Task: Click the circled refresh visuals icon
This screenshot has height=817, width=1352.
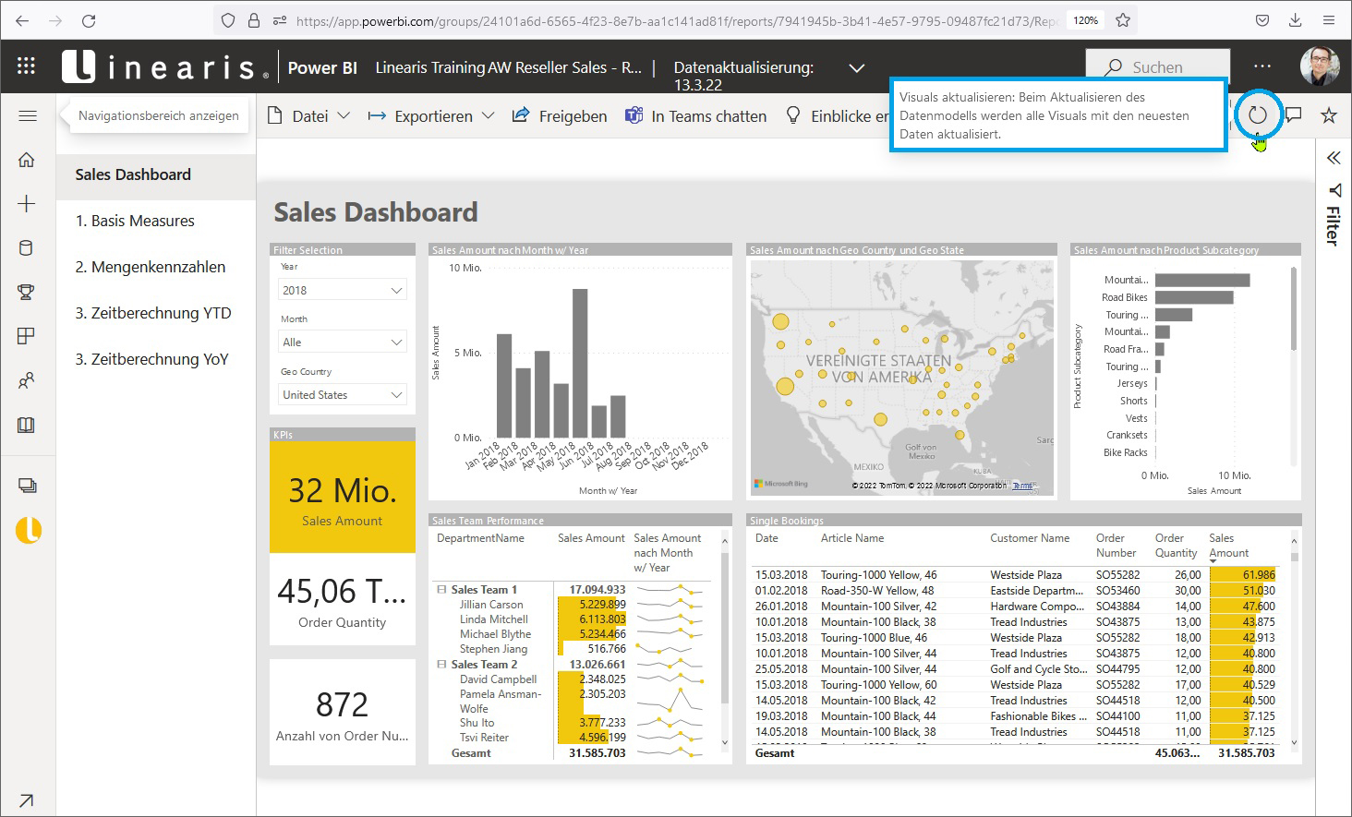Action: click(x=1257, y=115)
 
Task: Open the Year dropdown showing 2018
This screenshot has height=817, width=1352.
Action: click(x=343, y=290)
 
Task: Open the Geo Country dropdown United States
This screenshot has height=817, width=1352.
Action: click(x=343, y=394)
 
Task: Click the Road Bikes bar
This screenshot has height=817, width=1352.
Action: click(x=1193, y=297)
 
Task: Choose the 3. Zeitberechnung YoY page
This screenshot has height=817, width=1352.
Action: click(x=151, y=359)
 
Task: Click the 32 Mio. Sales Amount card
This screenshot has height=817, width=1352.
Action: click(x=342, y=498)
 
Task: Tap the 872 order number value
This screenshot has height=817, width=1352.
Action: click(x=342, y=705)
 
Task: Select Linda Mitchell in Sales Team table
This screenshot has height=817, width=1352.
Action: click(x=494, y=619)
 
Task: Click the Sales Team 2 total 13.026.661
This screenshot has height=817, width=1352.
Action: click(x=597, y=665)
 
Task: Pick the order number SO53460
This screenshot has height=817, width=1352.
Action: click(x=1117, y=591)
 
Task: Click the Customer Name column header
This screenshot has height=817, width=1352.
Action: click(x=1030, y=538)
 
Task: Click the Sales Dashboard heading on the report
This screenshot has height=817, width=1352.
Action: click(x=376, y=212)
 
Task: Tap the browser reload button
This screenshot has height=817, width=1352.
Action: click(x=89, y=20)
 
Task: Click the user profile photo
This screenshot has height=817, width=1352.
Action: click(x=1319, y=66)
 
